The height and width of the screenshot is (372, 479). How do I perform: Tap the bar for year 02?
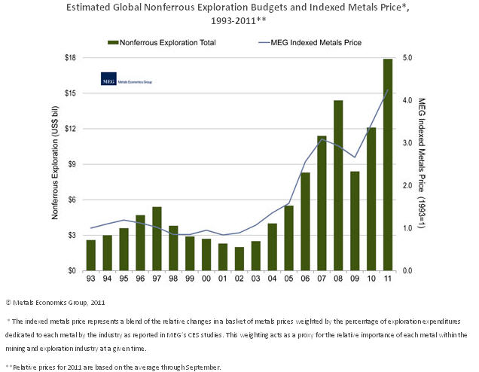tap(239, 258)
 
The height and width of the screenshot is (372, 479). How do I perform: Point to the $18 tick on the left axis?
tap(69, 58)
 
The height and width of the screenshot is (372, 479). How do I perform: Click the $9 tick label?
tap(70, 164)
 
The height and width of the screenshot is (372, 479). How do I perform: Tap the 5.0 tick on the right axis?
tap(408, 58)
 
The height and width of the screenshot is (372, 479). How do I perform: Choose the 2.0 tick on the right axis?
tap(408, 185)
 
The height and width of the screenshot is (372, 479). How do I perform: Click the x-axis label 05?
tap(288, 280)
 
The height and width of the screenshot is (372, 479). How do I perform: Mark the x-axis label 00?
tap(206, 280)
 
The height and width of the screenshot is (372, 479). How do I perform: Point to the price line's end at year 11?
tap(388, 90)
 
